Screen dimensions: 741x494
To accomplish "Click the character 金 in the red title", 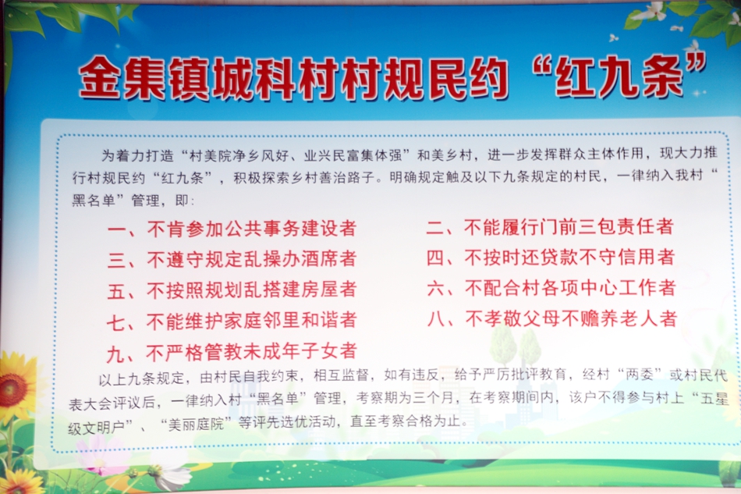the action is pos(99,78).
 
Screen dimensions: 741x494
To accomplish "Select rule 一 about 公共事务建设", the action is pos(232,229).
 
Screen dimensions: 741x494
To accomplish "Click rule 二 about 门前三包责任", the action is pos(550,227).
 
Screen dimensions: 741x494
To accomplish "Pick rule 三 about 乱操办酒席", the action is pos(232,259).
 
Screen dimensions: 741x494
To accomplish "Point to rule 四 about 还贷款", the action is pos(551,258).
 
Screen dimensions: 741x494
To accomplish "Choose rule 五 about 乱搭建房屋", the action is pos(232,290).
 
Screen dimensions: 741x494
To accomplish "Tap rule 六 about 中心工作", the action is pos(551,288).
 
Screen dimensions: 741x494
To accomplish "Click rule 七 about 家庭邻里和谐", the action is pos(232,321).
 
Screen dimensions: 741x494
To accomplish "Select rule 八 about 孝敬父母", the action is pos(552,318).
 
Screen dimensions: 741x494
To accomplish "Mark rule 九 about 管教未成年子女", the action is pos(232,352).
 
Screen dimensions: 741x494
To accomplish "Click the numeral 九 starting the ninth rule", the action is pos(115,354).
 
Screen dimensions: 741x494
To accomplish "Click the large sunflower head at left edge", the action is pos(12,389).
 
